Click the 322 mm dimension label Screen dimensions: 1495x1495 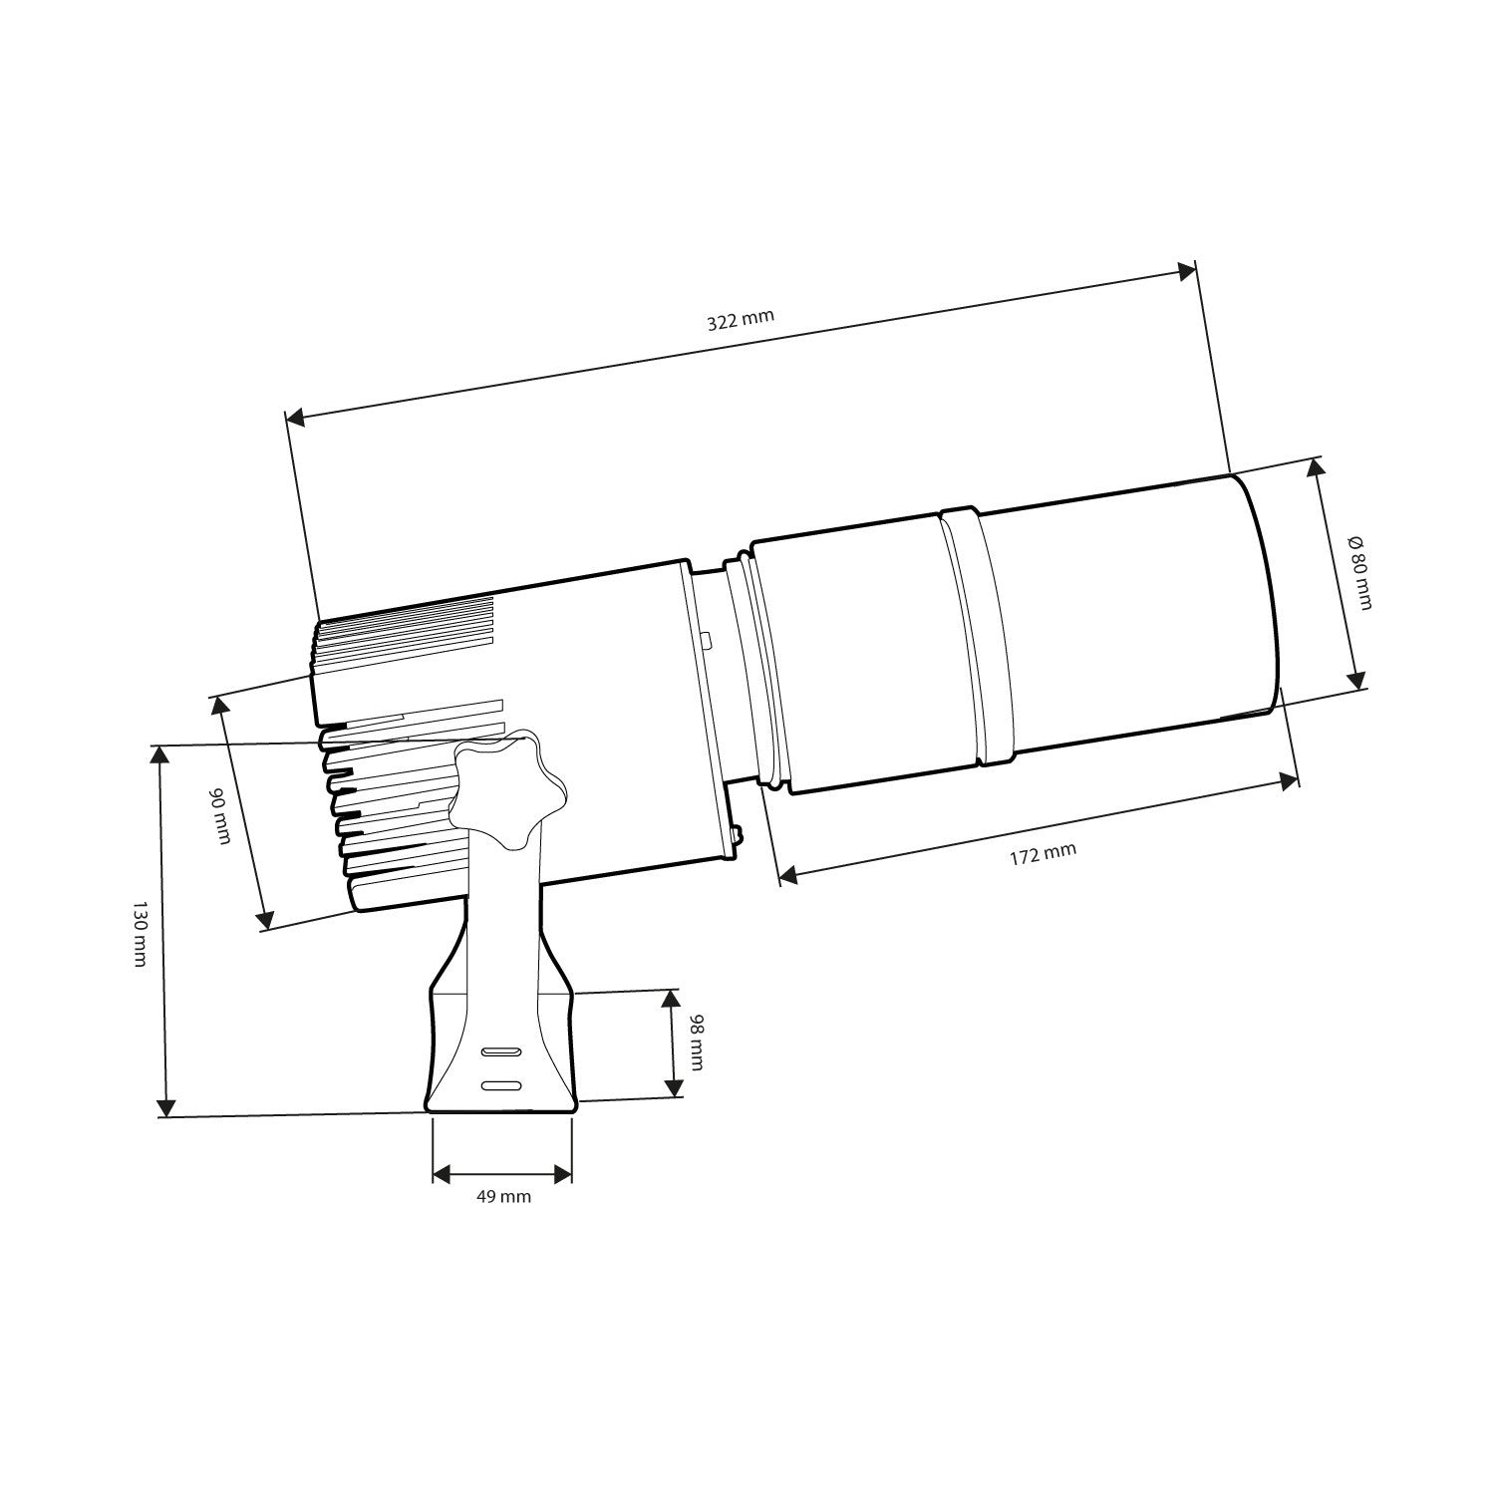coord(740,320)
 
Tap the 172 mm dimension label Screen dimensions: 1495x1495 coord(1043,854)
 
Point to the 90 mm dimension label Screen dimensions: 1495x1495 coord(219,815)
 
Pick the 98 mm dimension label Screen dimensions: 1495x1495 coord(695,1043)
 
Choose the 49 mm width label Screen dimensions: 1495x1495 coord(503,1196)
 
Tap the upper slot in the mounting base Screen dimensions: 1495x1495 coord(501,1051)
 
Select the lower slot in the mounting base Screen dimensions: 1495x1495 coord(501,1085)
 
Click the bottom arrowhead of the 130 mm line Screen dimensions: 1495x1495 coord(165,1106)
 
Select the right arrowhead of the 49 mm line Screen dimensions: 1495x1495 coord(563,1173)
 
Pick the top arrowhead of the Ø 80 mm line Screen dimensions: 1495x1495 coord(1317,468)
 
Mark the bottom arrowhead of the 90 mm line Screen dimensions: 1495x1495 coord(265,918)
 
